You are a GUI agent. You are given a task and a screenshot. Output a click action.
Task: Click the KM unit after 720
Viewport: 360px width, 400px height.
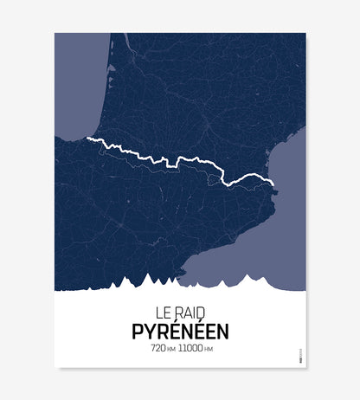(x=171, y=349)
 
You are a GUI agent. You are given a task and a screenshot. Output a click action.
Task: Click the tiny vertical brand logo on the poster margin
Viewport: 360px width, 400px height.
(x=292, y=354)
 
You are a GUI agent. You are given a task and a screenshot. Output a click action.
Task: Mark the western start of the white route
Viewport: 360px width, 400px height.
(x=88, y=138)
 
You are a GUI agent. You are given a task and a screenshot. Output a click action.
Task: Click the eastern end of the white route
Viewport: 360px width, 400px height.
(x=273, y=184)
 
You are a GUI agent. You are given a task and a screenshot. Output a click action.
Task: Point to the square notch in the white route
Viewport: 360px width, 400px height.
(x=171, y=160)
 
